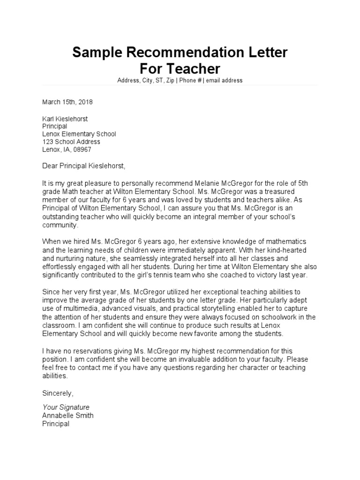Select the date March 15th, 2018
(68, 102)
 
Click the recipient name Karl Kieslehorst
(65, 119)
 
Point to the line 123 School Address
(71, 142)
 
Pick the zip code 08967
(82, 150)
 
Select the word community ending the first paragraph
(59, 225)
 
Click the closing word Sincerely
(58, 393)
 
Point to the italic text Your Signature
(66, 407)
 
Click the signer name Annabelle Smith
(68, 416)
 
